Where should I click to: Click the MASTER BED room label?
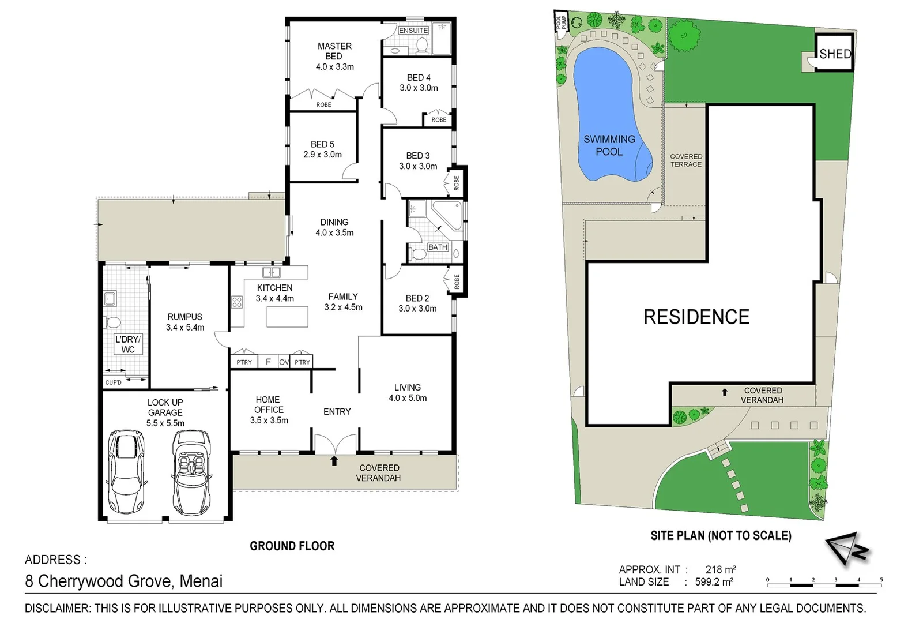pos(334,51)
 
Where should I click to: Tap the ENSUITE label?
pos(413,30)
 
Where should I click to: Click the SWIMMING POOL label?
pos(609,145)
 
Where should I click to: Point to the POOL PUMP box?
pos(561,22)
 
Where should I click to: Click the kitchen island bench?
pos(287,317)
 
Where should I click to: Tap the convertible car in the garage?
pos(191,472)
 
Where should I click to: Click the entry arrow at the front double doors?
pos(334,460)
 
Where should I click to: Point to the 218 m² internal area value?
pos(720,569)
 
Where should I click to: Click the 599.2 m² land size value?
pos(714,582)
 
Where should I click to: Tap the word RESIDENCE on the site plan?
pos(696,317)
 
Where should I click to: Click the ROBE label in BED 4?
pos(439,120)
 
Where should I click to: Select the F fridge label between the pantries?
pos(268,362)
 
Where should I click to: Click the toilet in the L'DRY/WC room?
pos(112,322)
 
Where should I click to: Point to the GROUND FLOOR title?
pos(292,546)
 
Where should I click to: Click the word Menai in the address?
pos(201,581)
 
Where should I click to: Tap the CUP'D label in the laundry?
pos(114,382)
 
